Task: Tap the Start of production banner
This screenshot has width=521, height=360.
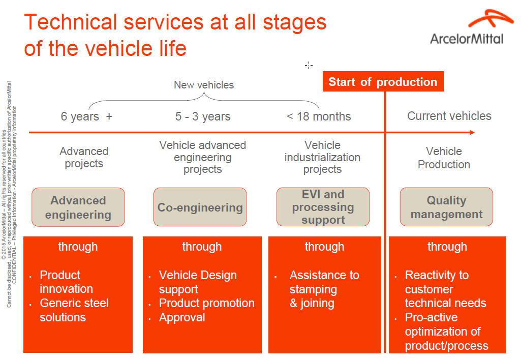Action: point(383,82)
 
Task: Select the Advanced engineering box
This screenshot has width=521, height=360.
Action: point(78,207)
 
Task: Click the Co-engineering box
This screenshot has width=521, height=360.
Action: point(200,207)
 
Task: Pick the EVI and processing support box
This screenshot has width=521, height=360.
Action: point(323,207)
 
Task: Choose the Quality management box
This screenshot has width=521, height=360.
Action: point(446,207)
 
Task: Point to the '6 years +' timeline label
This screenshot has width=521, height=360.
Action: point(86,116)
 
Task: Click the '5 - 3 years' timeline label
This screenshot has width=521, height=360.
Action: point(203,116)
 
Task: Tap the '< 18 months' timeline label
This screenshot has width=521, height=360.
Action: point(319,116)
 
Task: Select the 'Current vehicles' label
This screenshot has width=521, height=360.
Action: point(449,116)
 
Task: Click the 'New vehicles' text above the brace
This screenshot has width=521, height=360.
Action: point(204,85)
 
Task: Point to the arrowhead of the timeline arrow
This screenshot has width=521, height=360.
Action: point(472,133)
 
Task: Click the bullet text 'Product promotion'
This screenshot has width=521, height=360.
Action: point(206,303)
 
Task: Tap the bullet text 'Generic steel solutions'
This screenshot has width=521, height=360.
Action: point(74,310)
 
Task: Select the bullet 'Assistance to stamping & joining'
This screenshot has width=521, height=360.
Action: point(324,289)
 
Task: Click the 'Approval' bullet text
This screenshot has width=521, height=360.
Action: point(182,317)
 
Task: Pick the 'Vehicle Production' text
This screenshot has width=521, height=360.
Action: point(444,158)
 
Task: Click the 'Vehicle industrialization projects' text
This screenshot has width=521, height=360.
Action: point(322,157)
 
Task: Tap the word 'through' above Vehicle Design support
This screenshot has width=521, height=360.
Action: point(202,247)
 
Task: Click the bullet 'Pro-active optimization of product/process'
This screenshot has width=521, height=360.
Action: point(446,332)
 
